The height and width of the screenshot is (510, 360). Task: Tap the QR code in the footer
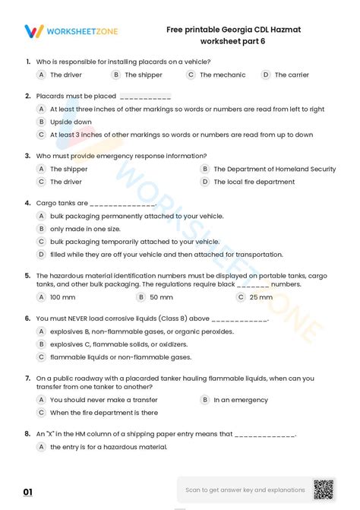pyautogui.click(x=324, y=489)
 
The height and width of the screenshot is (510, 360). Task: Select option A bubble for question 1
pyautogui.click(x=41, y=74)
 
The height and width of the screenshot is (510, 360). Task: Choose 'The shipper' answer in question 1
pyautogui.click(x=144, y=75)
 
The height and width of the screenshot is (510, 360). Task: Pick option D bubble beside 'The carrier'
pyautogui.click(x=266, y=74)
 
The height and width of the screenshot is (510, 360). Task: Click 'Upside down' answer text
pyautogui.click(x=71, y=122)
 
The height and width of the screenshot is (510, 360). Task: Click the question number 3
pyautogui.click(x=27, y=156)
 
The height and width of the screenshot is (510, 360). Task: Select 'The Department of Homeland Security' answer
pyautogui.click(x=274, y=169)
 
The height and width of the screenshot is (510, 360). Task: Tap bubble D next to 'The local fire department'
pyautogui.click(x=204, y=182)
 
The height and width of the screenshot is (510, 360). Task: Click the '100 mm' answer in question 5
pyautogui.click(x=62, y=297)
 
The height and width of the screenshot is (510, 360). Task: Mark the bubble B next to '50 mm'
pyautogui.click(x=141, y=297)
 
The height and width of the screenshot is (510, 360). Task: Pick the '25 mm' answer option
pyautogui.click(x=261, y=297)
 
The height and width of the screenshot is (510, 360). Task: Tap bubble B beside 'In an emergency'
pyautogui.click(x=204, y=400)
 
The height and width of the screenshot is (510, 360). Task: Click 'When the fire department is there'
pyautogui.click(x=104, y=413)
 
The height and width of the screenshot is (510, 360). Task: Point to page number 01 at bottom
pyautogui.click(x=28, y=493)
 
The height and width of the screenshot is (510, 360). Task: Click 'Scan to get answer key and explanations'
pyautogui.click(x=245, y=490)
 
